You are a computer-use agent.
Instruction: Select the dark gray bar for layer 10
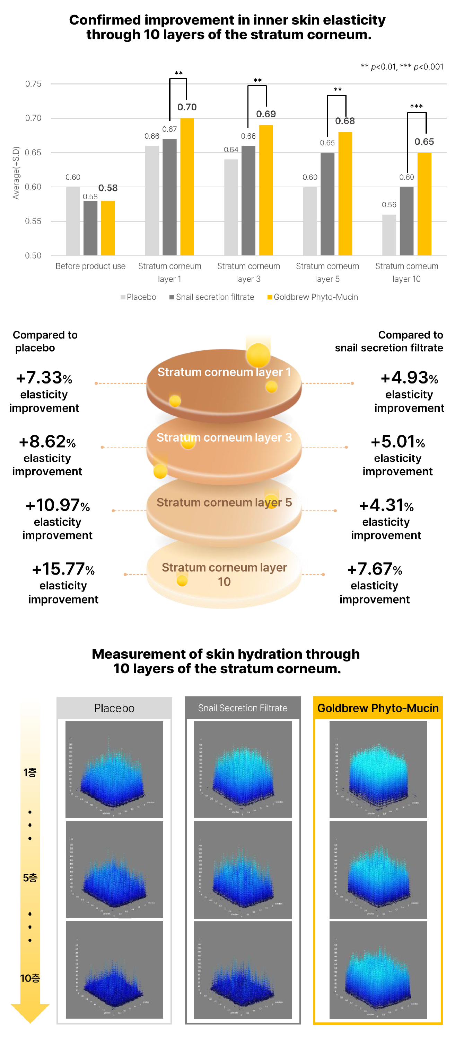[406, 221]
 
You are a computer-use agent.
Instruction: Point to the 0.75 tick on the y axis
[34, 84]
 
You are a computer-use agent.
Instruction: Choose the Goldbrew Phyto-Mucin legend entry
[313, 297]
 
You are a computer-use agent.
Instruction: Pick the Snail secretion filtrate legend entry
[212, 297]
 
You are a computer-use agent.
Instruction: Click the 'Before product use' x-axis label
[90, 266]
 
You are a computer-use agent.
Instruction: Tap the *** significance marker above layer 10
[416, 106]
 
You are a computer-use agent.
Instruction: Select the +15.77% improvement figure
[63, 569]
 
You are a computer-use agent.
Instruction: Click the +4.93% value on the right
[409, 378]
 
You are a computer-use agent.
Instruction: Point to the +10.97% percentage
[58, 505]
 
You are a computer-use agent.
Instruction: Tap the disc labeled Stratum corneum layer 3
[224, 447]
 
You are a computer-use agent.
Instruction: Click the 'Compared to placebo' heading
[45, 341]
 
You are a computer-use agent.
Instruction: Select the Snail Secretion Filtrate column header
[243, 708]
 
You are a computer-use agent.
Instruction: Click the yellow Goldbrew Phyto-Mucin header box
[378, 708]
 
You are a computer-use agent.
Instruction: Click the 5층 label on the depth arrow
[30, 878]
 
